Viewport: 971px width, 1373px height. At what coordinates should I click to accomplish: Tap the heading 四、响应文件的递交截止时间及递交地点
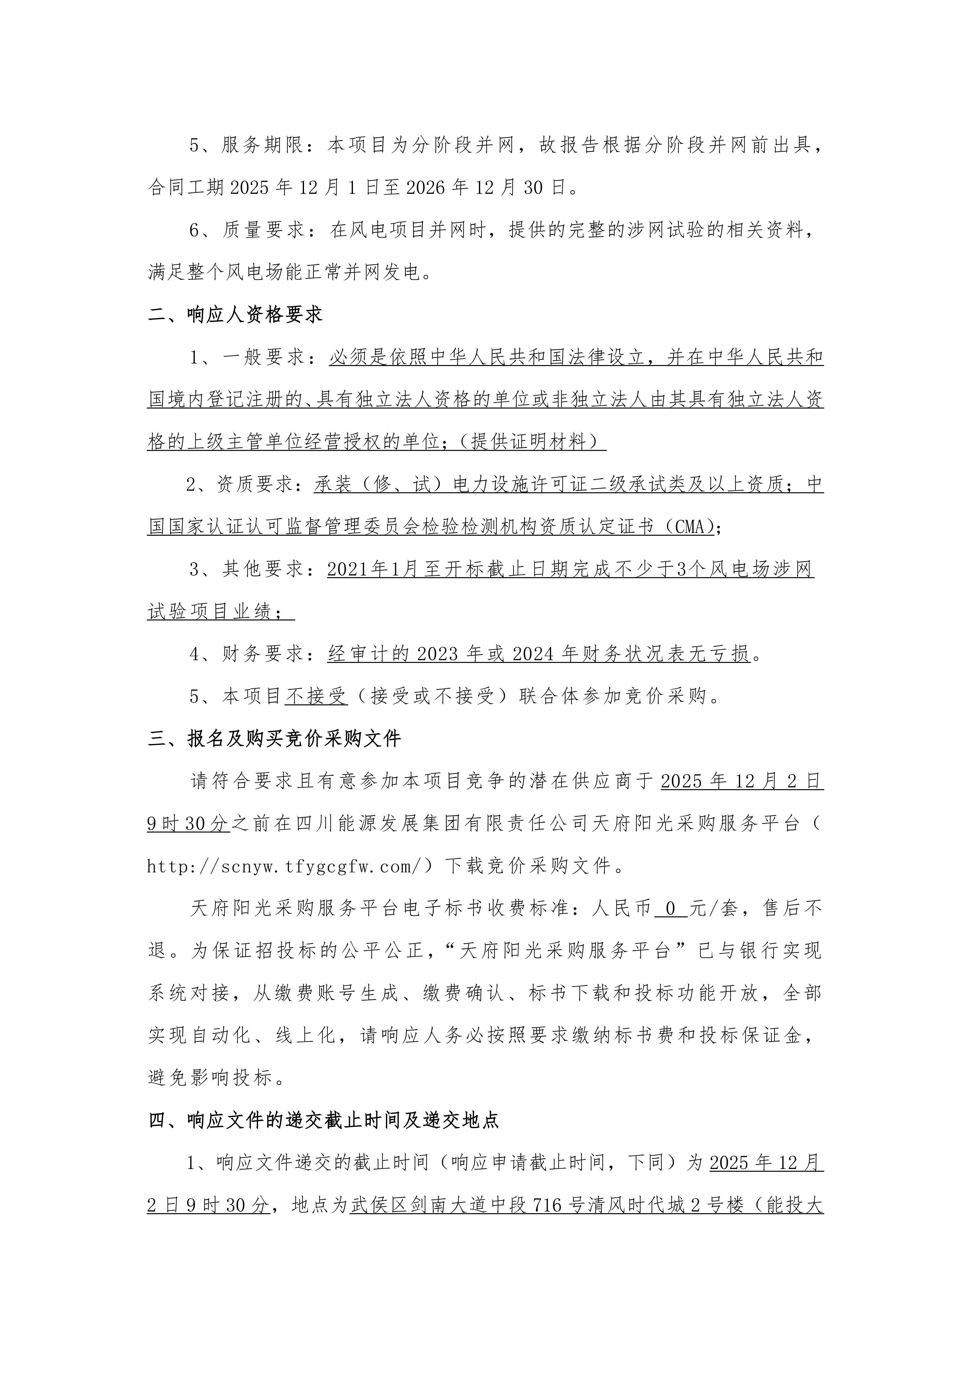324,1121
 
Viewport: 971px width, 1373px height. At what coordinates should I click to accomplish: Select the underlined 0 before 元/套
670,909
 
